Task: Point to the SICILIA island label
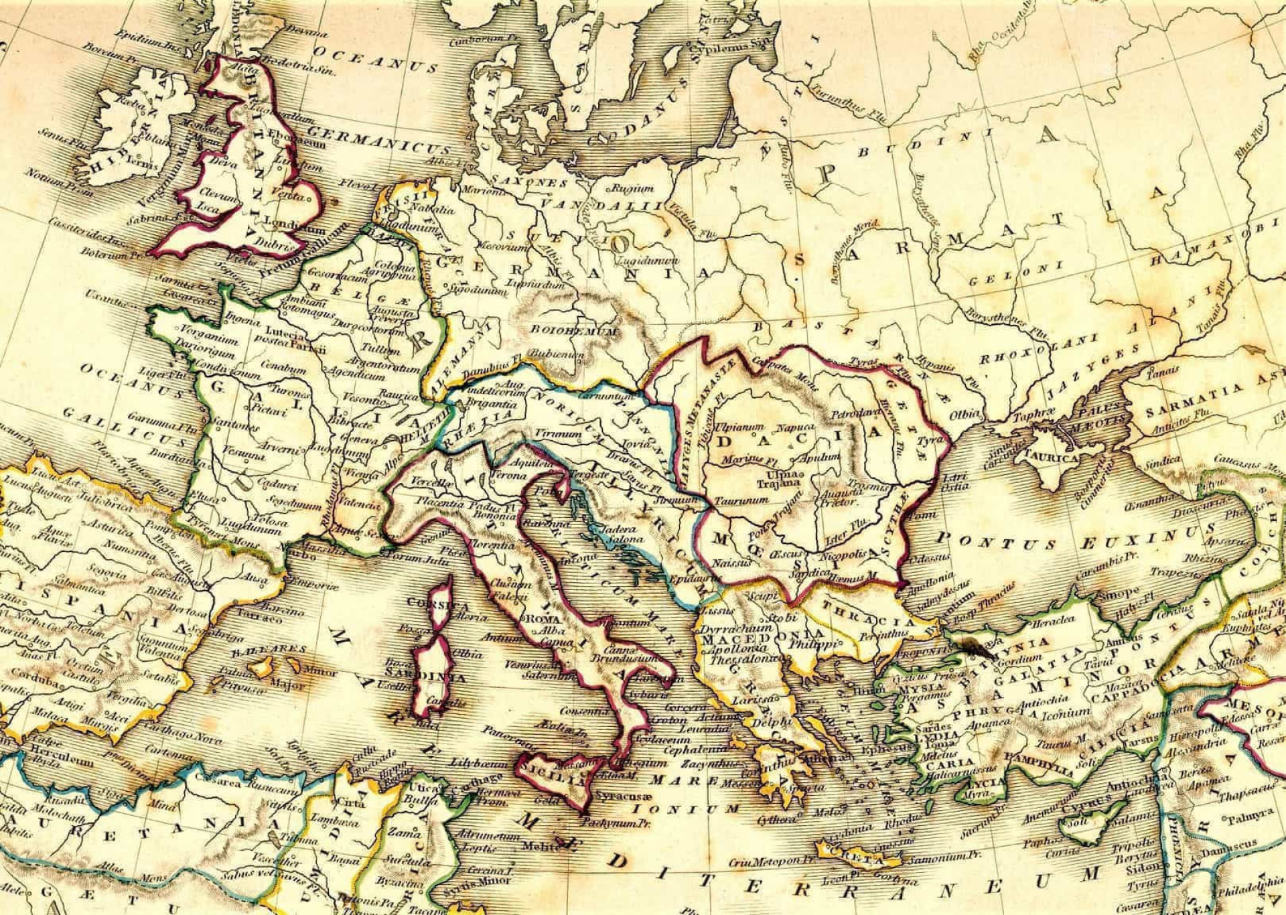pyautogui.click(x=545, y=779)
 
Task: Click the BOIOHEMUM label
pyautogui.click(x=574, y=330)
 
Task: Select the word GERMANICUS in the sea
pyautogui.click(x=378, y=139)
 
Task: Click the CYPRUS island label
pyautogui.click(x=1086, y=806)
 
